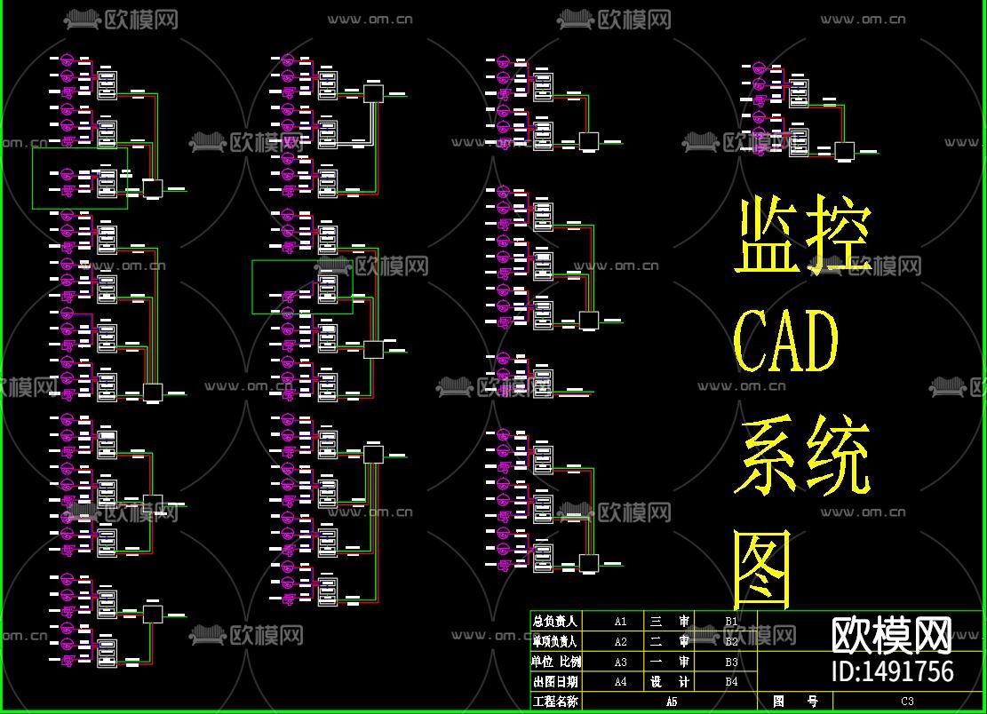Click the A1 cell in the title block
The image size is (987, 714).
click(x=620, y=622)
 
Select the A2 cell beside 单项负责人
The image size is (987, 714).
click(x=620, y=641)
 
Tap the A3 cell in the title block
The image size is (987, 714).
click(x=620, y=662)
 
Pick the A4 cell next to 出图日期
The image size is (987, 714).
click(x=620, y=682)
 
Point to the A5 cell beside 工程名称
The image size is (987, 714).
click(x=671, y=702)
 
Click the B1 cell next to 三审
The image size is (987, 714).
click(x=731, y=622)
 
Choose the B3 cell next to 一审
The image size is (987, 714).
click(x=731, y=662)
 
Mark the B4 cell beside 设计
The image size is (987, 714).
click(x=731, y=682)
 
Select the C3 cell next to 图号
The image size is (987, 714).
click(x=907, y=702)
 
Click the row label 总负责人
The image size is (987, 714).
click(x=555, y=622)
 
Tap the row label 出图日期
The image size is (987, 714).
click(x=555, y=682)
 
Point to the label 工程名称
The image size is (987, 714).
click(x=555, y=702)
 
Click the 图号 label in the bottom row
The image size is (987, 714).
click(x=795, y=702)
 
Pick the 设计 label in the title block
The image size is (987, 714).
click(x=670, y=682)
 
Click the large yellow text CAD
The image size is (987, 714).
click(x=787, y=342)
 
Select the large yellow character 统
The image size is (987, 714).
click(x=837, y=457)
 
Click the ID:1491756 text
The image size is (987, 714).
click(x=892, y=670)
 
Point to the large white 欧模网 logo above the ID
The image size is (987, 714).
click(x=892, y=634)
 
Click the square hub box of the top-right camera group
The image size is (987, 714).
click(x=844, y=151)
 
